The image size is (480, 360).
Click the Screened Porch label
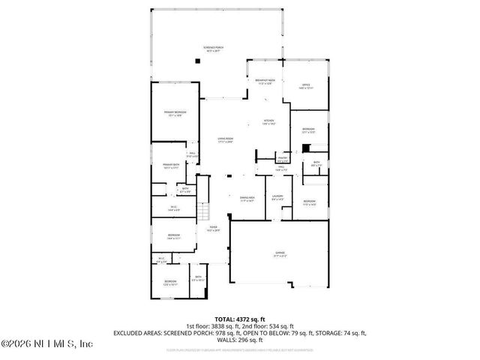point(211,49)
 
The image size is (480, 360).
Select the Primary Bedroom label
point(175,113)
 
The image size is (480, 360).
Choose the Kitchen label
point(268,121)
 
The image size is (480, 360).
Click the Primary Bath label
point(170,166)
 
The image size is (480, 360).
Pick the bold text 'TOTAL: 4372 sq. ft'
point(239,319)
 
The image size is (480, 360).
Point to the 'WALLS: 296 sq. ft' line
point(239,339)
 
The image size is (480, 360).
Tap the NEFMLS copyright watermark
point(46,344)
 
